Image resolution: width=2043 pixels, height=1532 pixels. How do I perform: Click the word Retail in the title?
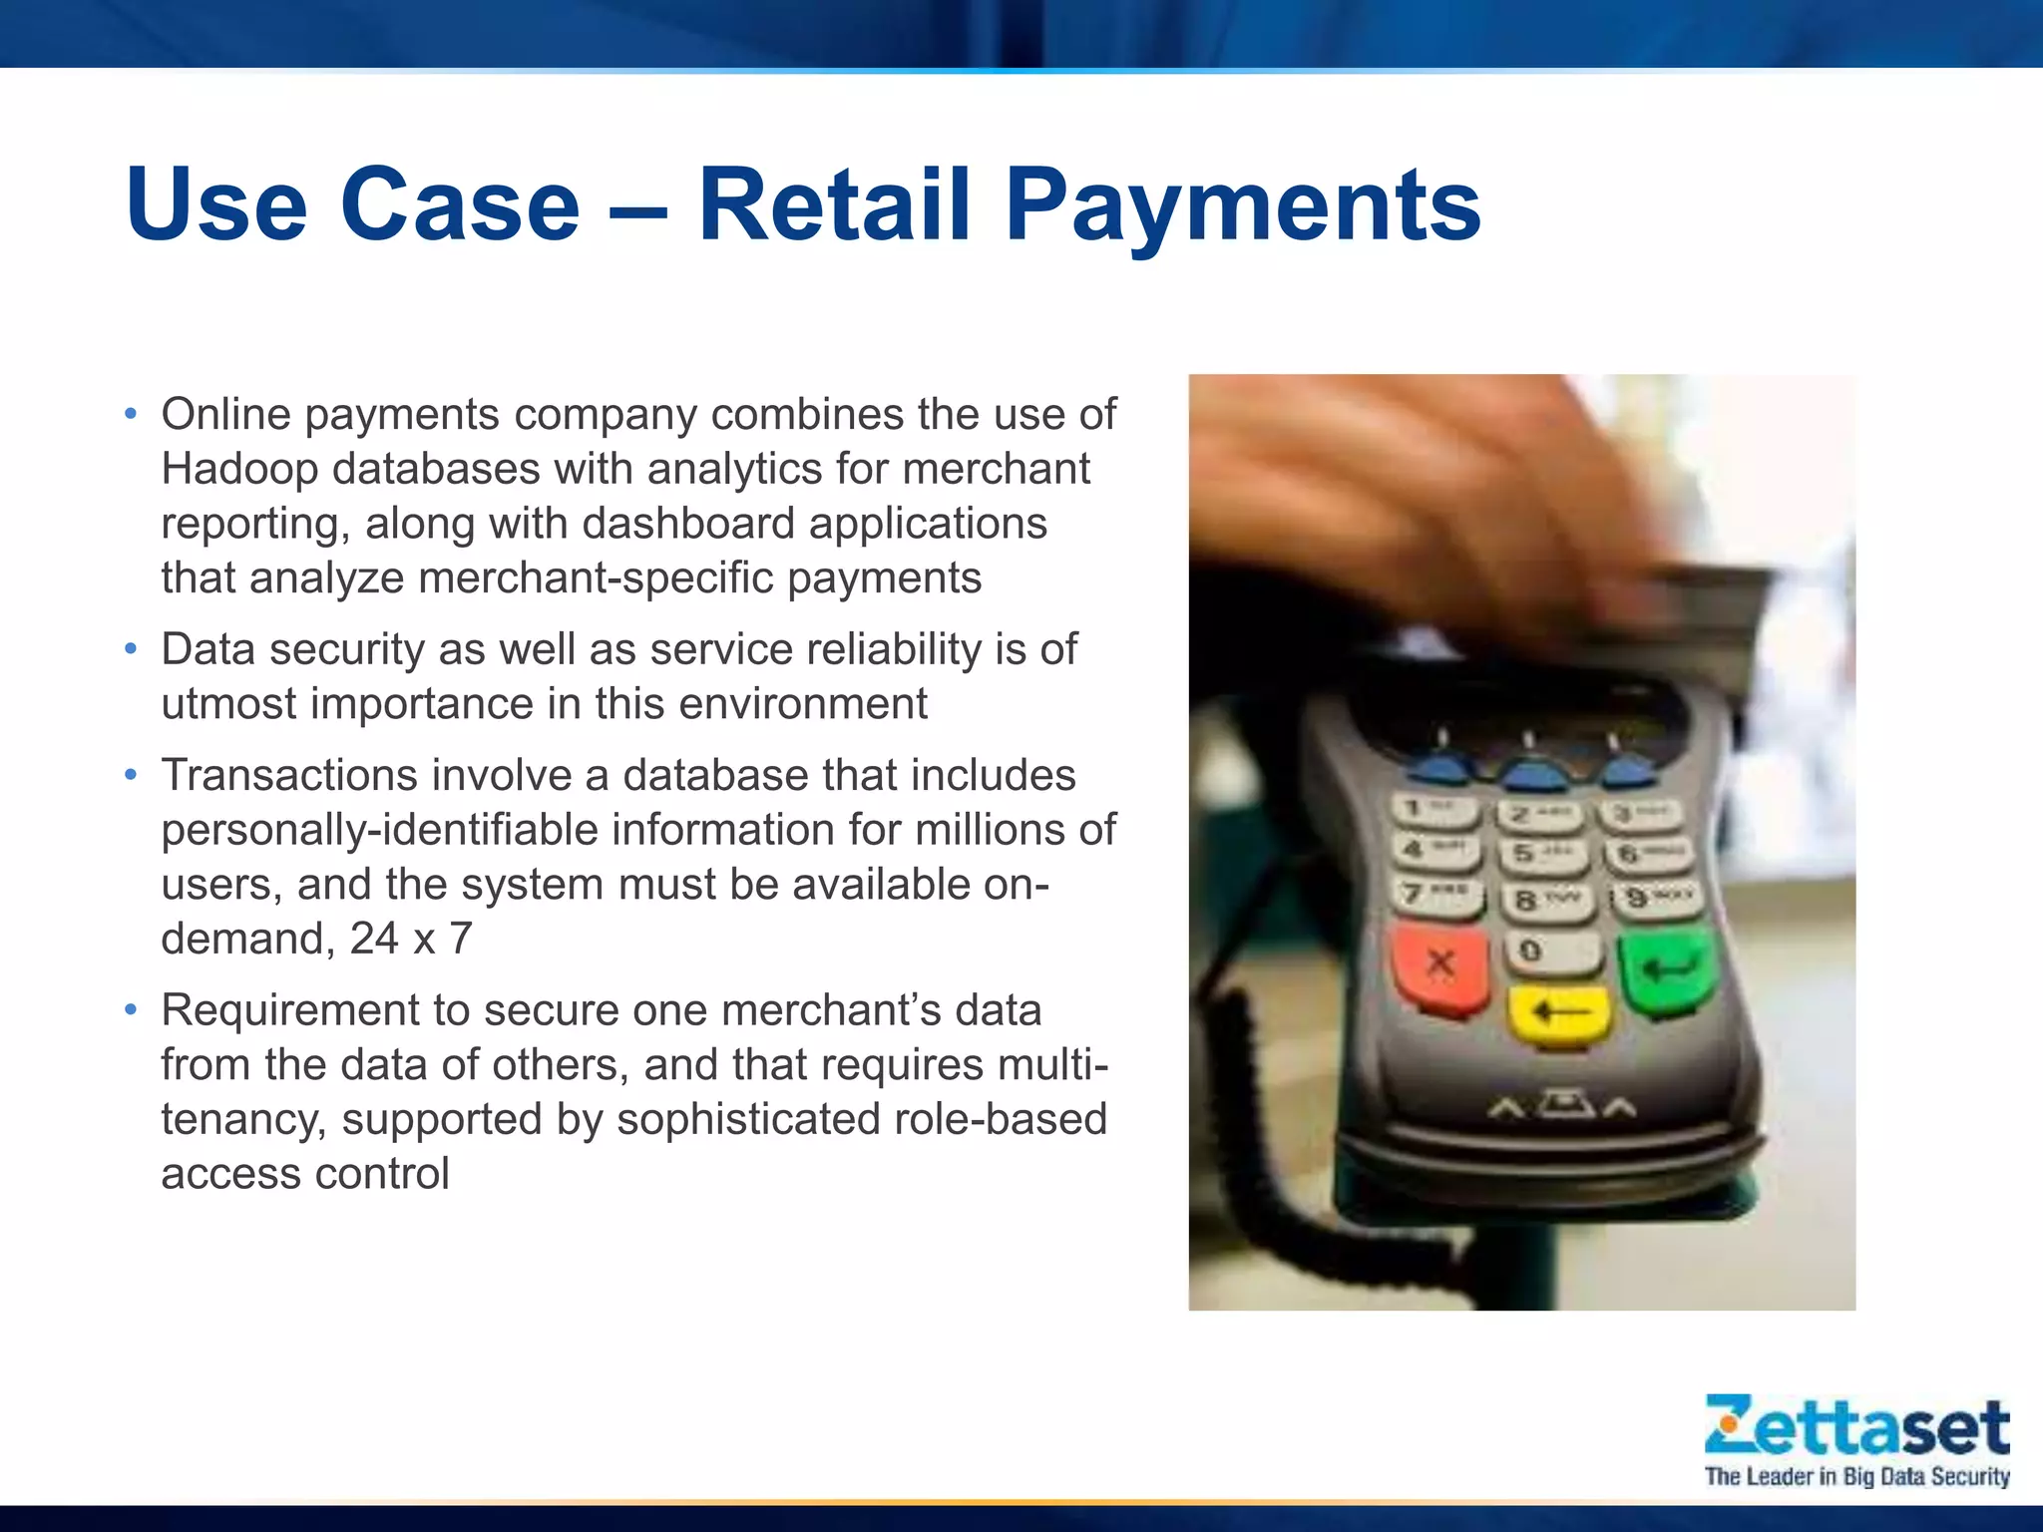[x=834, y=204]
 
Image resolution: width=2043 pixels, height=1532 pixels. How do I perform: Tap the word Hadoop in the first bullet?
[x=238, y=469]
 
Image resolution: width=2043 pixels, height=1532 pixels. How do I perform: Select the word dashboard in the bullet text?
[x=687, y=524]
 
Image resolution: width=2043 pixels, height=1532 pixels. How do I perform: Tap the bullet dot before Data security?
[x=131, y=648]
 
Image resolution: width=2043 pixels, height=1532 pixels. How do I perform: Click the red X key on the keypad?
[x=1440, y=964]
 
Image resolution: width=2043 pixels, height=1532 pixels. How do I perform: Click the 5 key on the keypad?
[x=1537, y=855]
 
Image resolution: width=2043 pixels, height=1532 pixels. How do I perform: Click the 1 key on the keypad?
[x=1431, y=809]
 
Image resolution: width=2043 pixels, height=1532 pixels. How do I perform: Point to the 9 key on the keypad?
[x=1657, y=899]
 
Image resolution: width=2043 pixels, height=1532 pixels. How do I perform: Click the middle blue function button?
[x=1534, y=774]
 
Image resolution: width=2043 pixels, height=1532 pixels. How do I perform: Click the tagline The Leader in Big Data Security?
[x=1856, y=1476]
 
